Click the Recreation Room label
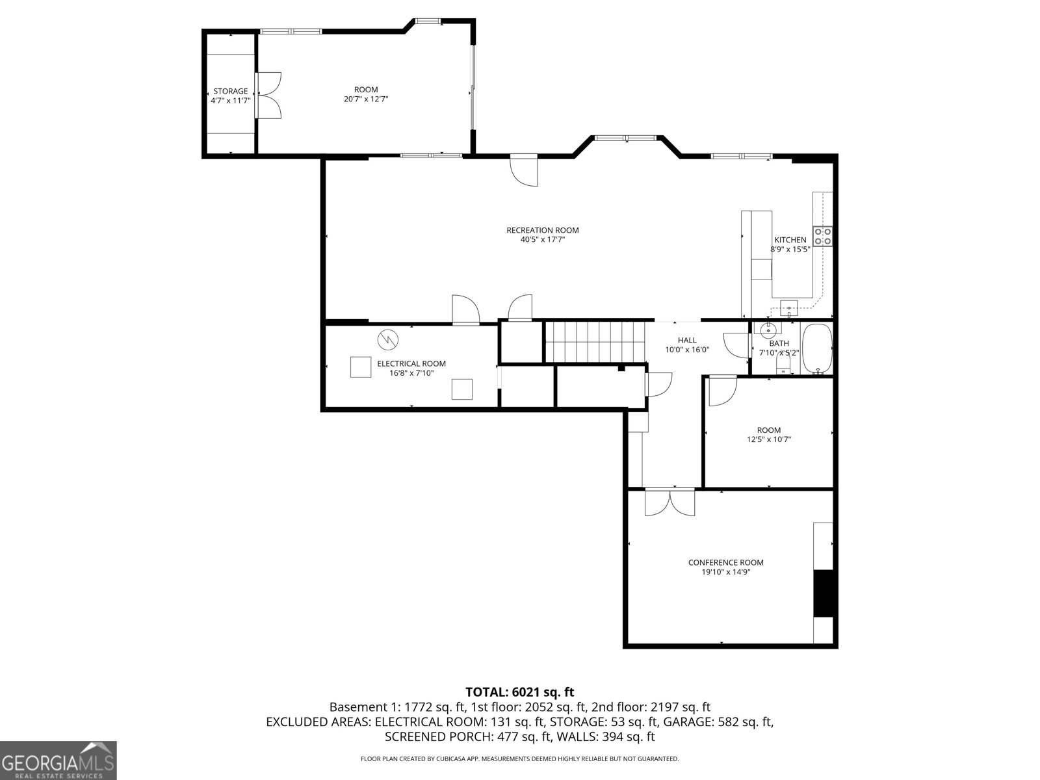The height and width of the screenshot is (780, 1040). point(542,230)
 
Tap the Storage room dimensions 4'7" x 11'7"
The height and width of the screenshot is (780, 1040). point(230,101)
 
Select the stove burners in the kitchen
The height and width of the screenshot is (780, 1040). point(824,236)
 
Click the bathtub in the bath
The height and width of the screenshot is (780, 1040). point(816,348)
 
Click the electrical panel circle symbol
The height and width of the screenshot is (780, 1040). point(387,339)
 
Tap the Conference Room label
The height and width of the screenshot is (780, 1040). point(725,562)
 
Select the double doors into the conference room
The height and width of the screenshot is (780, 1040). point(669,502)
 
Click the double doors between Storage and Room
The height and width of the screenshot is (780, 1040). point(268,95)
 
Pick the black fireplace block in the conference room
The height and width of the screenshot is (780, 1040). point(823,593)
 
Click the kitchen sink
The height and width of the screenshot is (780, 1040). point(789,305)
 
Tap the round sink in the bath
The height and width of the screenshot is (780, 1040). point(768,331)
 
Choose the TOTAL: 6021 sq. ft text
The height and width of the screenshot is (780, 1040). point(519,692)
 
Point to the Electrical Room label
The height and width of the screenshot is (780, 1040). point(411,363)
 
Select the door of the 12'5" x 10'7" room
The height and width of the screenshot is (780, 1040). point(721,391)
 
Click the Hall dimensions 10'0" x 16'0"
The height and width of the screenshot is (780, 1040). point(687,350)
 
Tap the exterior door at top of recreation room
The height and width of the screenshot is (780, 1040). point(525,170)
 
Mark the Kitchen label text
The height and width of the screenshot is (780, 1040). point(790,240)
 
